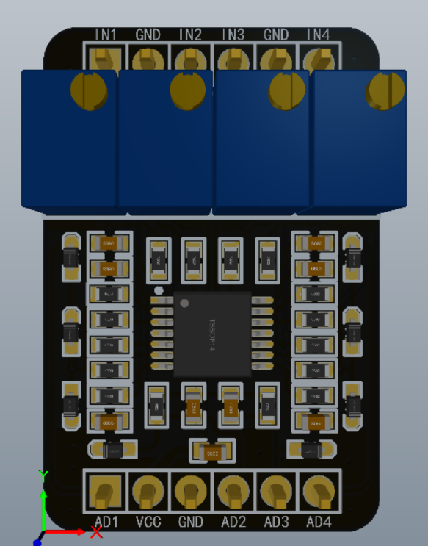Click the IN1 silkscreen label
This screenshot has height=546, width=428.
[106, 35]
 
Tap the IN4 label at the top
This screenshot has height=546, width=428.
[319, 35]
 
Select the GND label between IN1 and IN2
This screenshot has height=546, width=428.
[149, 35]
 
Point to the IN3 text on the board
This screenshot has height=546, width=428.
[233, 35]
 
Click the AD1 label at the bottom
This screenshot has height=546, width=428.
[106, 522]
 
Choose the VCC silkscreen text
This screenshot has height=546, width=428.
[148, 522]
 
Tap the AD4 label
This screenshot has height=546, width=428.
[319, 522]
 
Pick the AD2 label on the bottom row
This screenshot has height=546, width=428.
[233, 522]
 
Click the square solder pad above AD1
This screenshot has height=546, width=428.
[106, 490]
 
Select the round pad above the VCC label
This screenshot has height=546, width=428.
[148, 490]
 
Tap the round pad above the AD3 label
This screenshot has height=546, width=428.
[276, 490]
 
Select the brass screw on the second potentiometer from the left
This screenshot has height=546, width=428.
[188, 90]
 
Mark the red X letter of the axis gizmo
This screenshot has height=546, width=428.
[95, 532]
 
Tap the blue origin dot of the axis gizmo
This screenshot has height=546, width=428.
[37, 541]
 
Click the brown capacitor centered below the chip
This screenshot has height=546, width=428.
[212, 454]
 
